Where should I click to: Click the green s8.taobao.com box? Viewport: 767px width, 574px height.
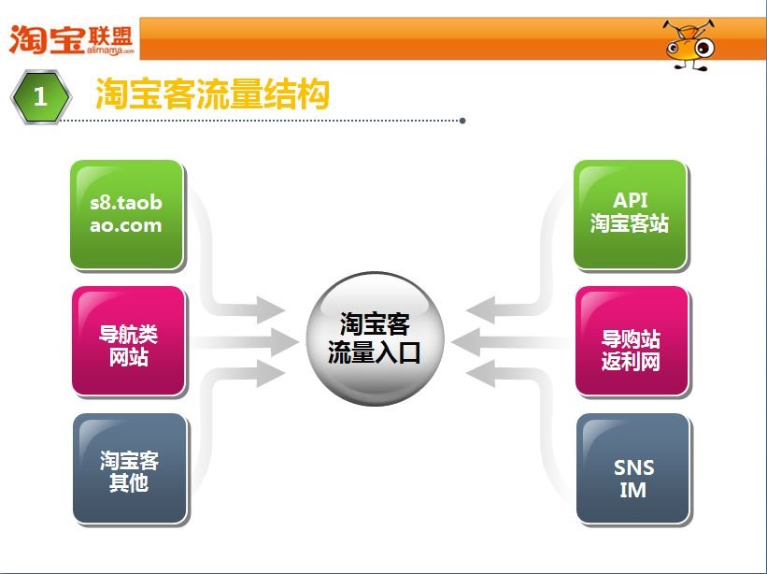127,214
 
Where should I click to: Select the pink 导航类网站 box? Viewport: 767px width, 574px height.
128,341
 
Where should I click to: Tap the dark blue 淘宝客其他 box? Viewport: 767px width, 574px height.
129,468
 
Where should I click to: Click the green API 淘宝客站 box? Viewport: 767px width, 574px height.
630,214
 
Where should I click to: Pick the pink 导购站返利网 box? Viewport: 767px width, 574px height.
632,341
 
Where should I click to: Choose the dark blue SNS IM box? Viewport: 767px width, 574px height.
632,468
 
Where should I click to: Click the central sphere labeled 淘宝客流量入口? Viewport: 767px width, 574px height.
374,338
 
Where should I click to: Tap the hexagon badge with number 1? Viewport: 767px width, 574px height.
40,95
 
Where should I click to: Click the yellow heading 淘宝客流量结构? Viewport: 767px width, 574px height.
212,94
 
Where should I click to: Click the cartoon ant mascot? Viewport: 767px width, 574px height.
689,42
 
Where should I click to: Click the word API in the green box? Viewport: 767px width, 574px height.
630,200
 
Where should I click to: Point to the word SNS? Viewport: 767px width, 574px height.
633,467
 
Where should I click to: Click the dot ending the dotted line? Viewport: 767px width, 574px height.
462,121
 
